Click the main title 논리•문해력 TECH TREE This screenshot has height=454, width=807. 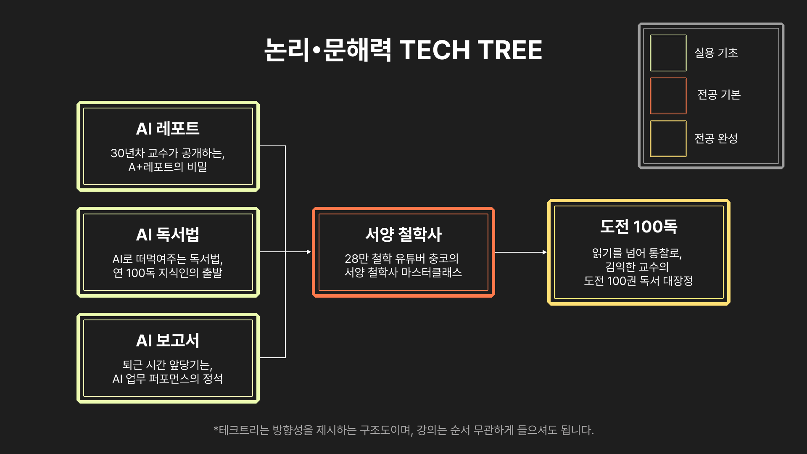pyautogui.click(x=403, y=50)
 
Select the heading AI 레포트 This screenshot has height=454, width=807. pyautogui.click(x=168, y=129)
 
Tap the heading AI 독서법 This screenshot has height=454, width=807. pyautogui.click(x=168, y=235)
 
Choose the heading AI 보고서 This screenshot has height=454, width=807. pyautogui.click(x=168, y=340)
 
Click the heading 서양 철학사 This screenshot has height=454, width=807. pyautogui.click(x=403, y=235)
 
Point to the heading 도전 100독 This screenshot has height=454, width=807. pyautogui.click(x=638, y=227)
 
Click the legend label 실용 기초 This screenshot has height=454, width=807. pyautogui.click(x=716, y=53)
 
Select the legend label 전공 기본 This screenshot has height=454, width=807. pyautogui.click(x=719, y=95)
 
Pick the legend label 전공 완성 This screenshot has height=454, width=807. pyautogui.click(x=716, y=138)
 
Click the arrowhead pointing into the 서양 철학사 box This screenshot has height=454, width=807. pyautogui.click(x=309, y=252)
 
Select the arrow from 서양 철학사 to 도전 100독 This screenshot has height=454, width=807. pyautogui.click(x=521, y=252)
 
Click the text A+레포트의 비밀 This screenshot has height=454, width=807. pyautogui.click(x=168, y=167)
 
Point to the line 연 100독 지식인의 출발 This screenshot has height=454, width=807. pyautogui.click(x=168, y=273)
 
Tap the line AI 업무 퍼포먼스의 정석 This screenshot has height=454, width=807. pyautogui.click(x=168, y=379)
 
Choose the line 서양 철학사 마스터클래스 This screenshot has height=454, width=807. pyautogui.click(x=403, y=273)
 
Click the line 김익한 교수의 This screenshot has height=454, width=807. pyautogui.click(x=637, y=267)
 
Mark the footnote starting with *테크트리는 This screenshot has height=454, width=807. pyautogui.click(x=403, y=430)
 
